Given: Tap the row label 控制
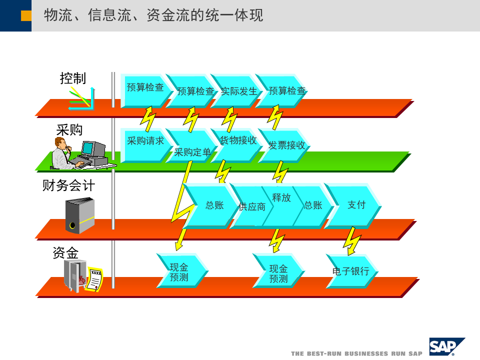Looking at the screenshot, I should coord(73,78).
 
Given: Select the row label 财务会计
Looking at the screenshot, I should coord(68,186).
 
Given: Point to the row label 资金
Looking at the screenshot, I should coord(65,252).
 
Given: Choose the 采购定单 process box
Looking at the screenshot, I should coord(192,151).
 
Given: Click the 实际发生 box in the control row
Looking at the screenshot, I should coord(238,91).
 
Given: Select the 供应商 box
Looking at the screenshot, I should coord(251,206).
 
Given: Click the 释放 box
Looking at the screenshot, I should coord(281,198).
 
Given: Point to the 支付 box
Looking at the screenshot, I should coord(356,204).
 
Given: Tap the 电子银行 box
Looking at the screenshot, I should coord(350,271).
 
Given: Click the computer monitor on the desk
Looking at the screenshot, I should coord(89,148).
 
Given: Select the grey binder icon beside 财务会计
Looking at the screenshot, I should coord(79,215).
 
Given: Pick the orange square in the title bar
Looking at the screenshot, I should coord(26,16).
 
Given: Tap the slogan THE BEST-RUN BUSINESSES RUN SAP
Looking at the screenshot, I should coord(356,353).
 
